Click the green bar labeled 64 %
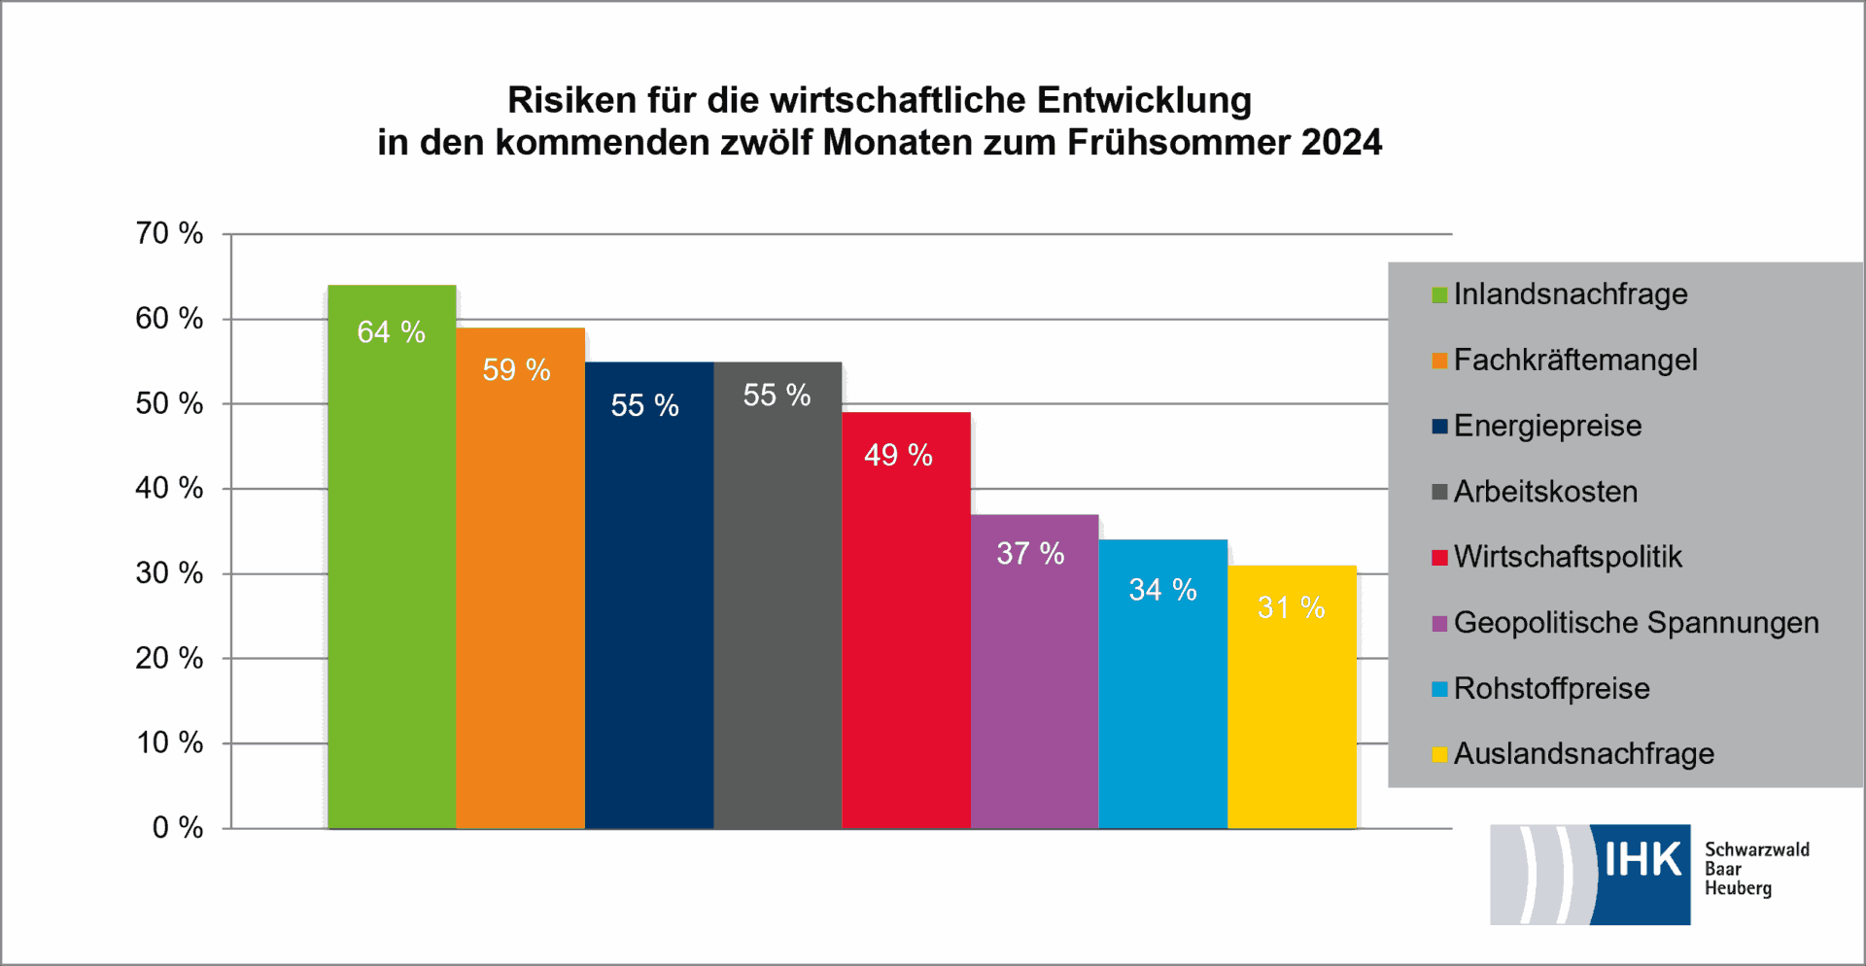tap(392, 583)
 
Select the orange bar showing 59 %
tap(520, 603)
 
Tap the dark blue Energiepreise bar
tap(649, 622)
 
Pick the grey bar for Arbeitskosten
tap(777, 622)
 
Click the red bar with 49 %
tap(906, 641)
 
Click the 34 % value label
tap(1162, 590)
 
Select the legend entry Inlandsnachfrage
tap(1570, 294)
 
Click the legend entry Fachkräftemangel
tap(1574, 361)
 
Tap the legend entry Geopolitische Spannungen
tap(1636, 623)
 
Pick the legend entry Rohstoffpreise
tap(1551, 689)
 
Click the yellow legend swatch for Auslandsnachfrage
tap(1439, 755)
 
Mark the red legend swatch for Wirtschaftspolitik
tap(1439, 558)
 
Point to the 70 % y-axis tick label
tap(169, 233)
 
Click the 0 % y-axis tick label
tap(177, 828)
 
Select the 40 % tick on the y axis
tap(169, 488)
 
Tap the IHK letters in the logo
tap(1641, 860)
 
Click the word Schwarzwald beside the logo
tap(1756, 850)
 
